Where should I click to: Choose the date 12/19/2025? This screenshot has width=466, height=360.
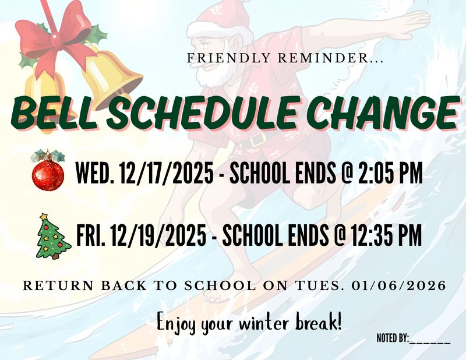(x=161, y=235)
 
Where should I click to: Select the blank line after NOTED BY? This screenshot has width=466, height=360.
(x=430, y=338)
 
